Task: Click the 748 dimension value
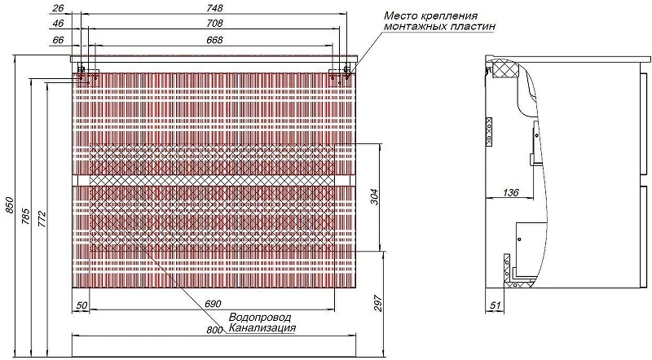[214, 8]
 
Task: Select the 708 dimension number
[214, 24]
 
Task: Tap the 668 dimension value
[214, 40]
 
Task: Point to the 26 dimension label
[59, 8]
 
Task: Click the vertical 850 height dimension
[10, 205]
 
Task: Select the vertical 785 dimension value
[26, 216]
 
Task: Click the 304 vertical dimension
[374, 197]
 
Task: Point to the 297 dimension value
[377, 304]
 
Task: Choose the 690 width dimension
[213, 305]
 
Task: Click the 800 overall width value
[215, 330]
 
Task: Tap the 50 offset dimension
[82, 305]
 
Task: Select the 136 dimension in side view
[511, 192]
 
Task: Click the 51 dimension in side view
[495, 305]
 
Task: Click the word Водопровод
[260, 317]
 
